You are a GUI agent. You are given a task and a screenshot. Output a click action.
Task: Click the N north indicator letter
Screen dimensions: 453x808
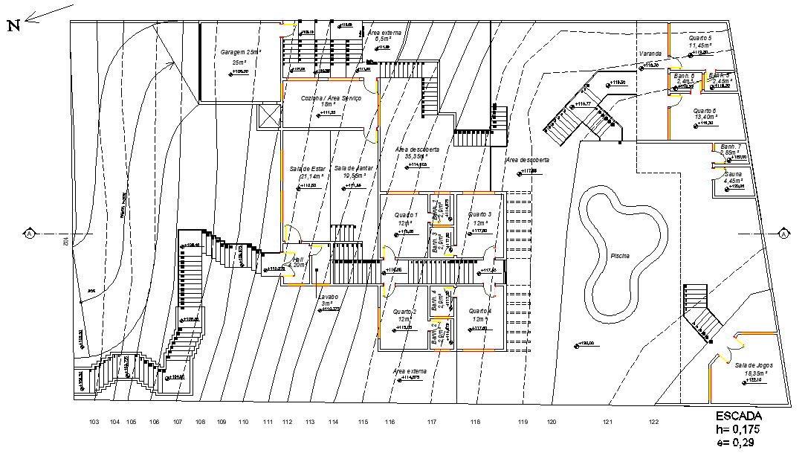tap(13, 27)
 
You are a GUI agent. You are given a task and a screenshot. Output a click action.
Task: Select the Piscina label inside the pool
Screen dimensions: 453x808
tap(620, 256)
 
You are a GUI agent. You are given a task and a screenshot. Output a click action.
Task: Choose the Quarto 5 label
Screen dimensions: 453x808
tap(700, 37)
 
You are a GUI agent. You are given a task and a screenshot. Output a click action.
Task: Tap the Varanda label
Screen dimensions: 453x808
tap(650, 54)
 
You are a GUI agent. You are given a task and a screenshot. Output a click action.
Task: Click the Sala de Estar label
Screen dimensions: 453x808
tap(308, 169)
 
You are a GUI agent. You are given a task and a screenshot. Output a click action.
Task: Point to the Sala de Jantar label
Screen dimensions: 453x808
tap(353, 169)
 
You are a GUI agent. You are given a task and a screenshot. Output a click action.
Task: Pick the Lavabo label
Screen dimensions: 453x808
tap(329, 297)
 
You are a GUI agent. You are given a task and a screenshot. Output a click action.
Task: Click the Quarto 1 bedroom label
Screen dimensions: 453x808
tap(407, 215)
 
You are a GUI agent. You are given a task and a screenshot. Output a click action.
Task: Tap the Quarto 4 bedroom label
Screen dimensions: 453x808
tap(479, 310)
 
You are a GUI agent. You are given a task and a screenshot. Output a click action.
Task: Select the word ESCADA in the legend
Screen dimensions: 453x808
tap(740, 416)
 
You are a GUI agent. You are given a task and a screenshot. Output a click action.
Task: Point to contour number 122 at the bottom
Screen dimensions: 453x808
tap(653, 423)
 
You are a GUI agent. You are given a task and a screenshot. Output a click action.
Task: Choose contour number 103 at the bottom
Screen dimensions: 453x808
tap(94, 423)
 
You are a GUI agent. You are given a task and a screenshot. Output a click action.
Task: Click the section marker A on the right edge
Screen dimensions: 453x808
tap(783, 234)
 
